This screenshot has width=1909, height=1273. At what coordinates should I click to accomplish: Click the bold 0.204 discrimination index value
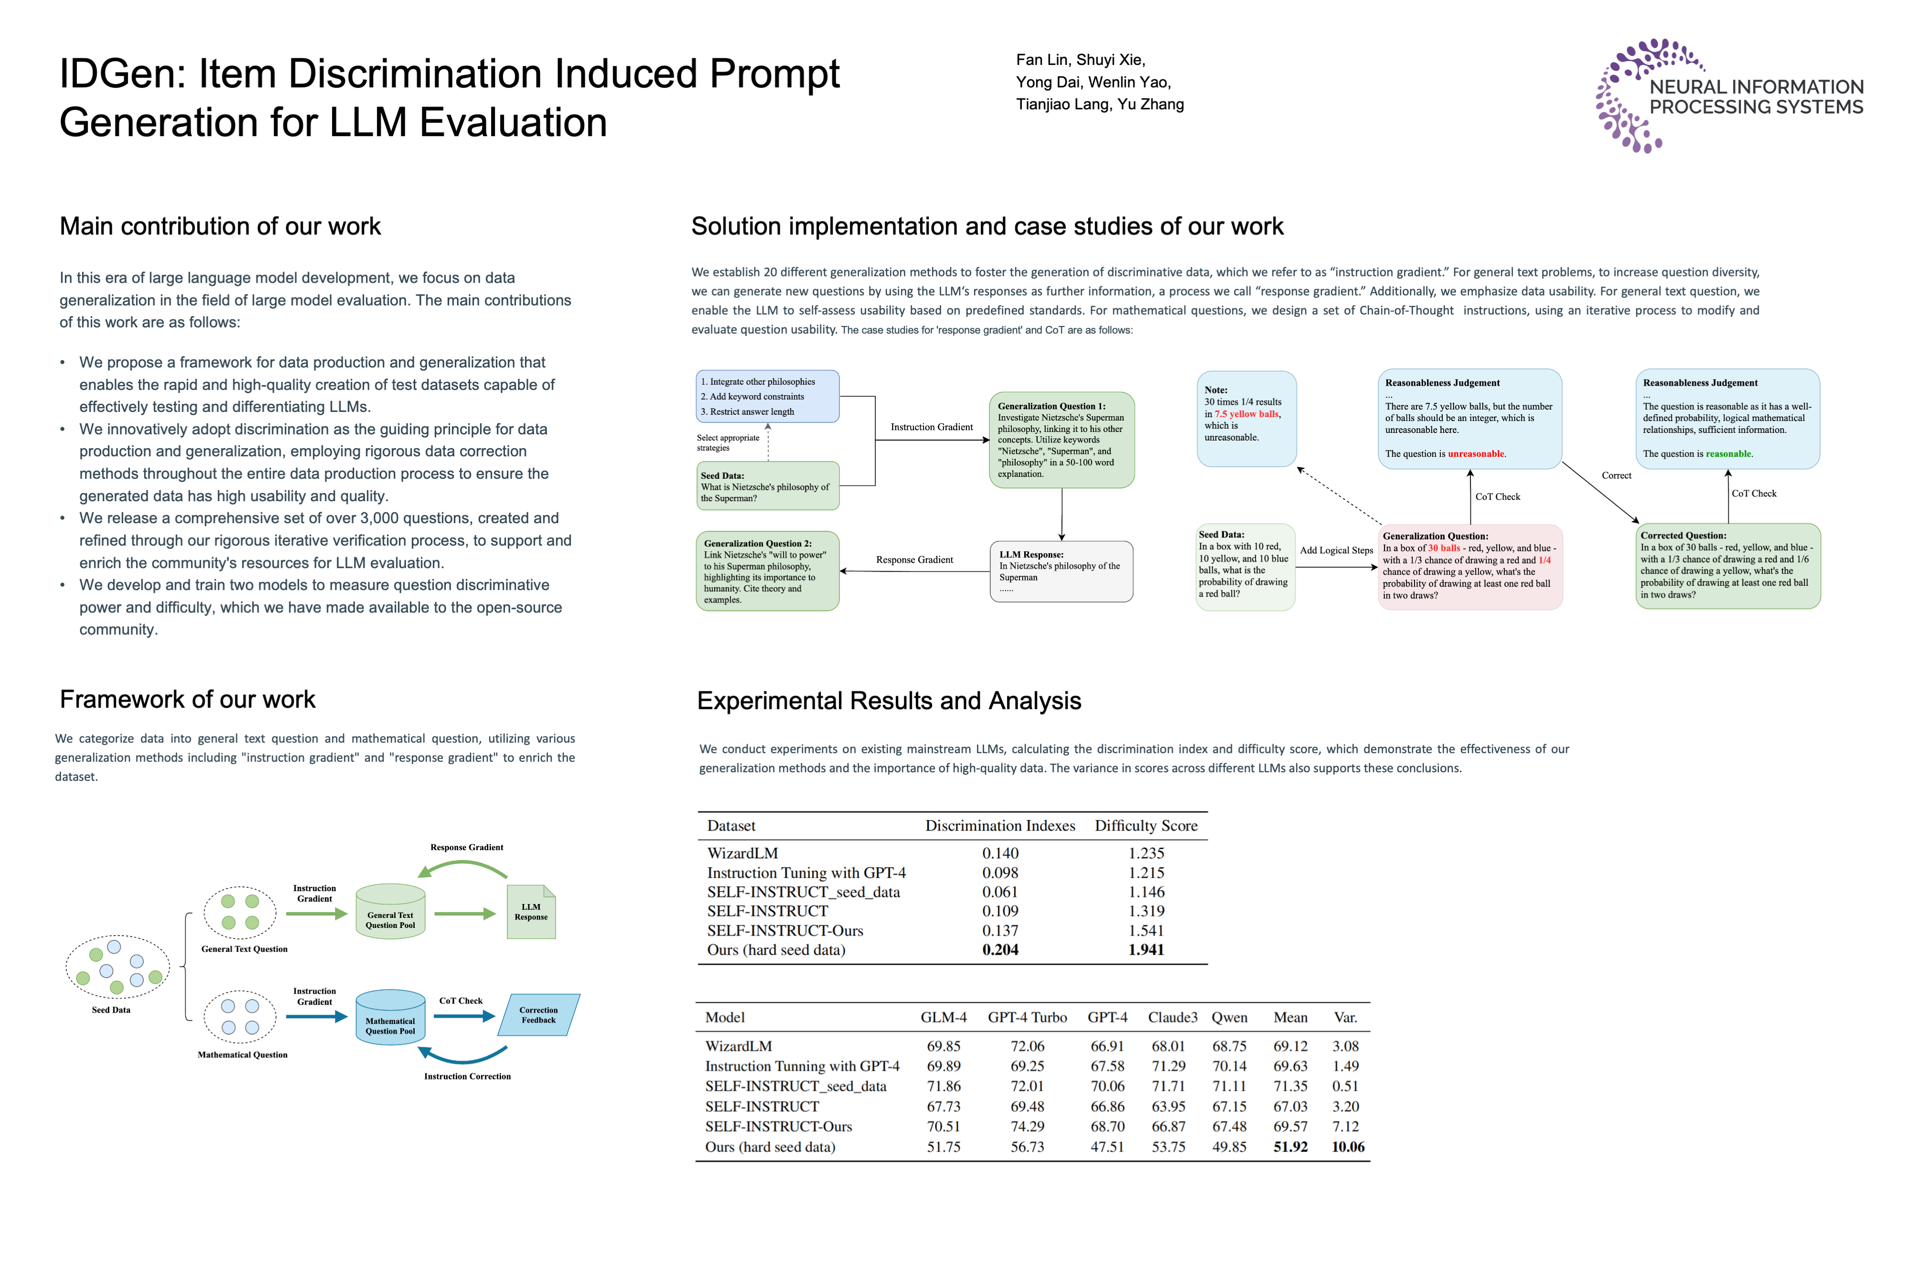[1000, 950]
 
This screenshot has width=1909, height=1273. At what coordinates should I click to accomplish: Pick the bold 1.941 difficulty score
[1146, 950]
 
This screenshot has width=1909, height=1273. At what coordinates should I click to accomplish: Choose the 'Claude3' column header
[1172, 1017]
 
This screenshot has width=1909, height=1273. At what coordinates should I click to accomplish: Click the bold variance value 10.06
[1347, 1147]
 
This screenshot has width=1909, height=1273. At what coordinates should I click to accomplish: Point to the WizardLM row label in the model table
[738, 1046]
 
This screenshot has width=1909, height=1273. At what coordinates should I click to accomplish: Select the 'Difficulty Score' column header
[1146, 826]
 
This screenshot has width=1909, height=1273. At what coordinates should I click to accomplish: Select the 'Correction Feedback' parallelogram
[539, 1015]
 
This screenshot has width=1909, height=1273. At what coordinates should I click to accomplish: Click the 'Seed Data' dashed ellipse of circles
[118, 966]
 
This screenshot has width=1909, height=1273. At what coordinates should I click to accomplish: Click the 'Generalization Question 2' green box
[767, 571]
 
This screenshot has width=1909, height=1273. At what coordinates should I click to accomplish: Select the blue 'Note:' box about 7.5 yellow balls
[1246, 418]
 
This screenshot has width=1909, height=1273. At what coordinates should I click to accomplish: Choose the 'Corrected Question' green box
[1727, 566]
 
